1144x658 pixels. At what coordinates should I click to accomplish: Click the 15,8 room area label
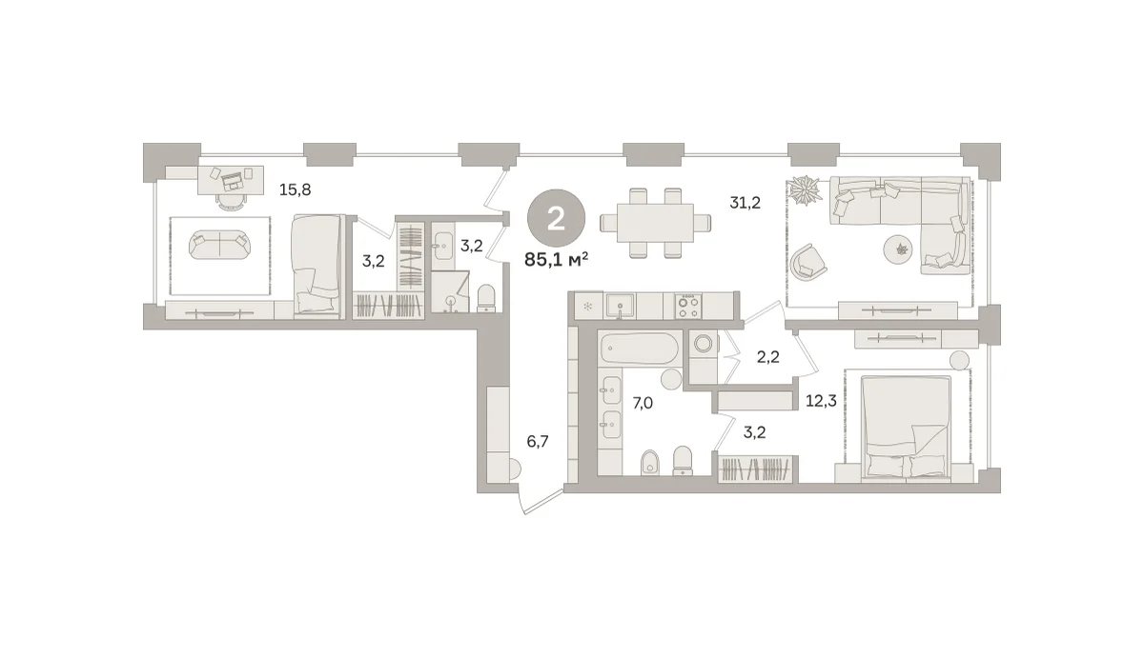tap(295, 190)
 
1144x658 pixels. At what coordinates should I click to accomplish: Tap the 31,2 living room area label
tap(746, 203)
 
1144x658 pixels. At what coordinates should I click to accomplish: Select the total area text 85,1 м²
tap(556, 260)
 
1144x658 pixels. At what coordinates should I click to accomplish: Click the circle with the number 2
tap(556, 219)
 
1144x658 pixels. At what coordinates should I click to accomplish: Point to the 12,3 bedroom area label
tap(821, 401)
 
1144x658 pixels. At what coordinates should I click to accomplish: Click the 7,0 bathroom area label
tap(643, 404)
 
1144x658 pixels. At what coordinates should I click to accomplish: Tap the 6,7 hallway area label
tap(538, 441)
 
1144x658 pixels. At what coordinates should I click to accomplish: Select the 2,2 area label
tap(768, 357)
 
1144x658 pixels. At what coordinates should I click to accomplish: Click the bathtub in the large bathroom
tap(639, 349)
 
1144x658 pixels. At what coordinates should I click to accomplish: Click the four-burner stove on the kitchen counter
tap(688, 307)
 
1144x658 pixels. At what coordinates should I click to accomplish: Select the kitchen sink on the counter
tap(620, 306)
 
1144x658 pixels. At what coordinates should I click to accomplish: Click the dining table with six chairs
tap(655, 223)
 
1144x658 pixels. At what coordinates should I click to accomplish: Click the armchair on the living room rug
tap(808, 262)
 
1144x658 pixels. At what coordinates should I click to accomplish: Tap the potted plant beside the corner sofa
tap(806, 190)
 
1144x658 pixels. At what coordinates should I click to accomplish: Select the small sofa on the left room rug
tap(219, 245)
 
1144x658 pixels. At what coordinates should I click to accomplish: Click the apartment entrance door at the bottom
tap(541, 502)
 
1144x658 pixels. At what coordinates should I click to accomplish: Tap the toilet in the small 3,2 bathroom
tap(485, 298)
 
